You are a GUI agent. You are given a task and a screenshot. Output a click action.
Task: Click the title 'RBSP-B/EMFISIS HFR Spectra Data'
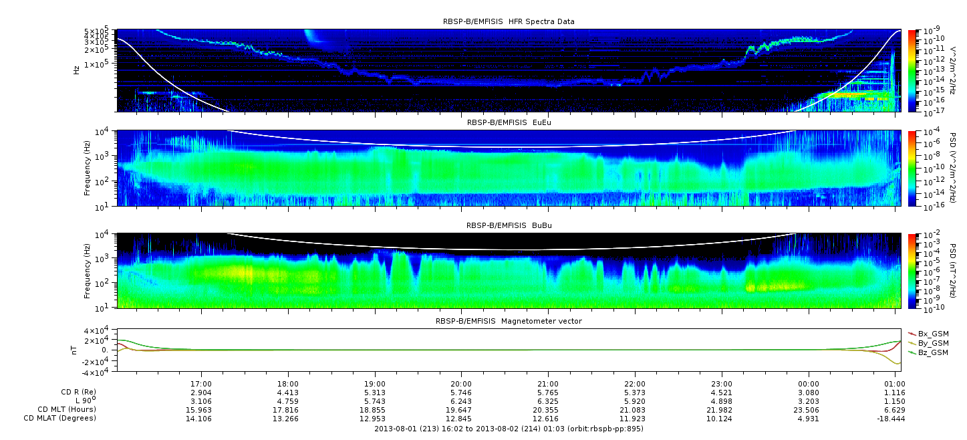coord(509,21)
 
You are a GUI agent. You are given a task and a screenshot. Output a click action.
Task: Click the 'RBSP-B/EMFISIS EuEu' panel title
coord(509,122)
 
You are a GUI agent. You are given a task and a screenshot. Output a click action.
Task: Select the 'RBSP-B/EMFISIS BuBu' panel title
coord(509,225)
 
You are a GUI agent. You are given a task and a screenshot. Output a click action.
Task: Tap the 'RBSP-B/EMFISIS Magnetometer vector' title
coord(509,321)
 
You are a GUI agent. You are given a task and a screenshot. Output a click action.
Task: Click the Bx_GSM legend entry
coord(929,334)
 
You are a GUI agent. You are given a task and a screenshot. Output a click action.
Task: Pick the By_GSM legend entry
coord(929,343)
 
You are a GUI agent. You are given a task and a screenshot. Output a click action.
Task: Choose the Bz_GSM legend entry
coord(929,353)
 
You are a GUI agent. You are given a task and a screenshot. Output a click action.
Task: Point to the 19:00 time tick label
coord(375,384)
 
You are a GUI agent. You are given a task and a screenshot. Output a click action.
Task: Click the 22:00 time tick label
coord(635,384)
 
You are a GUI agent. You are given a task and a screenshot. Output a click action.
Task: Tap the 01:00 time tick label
coord(895,384)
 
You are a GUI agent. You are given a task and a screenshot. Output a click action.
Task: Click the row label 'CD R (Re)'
coord(79,393)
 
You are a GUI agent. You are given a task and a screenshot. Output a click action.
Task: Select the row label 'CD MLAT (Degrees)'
coord(60,419)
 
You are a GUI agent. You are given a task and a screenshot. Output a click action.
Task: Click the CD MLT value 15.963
coord(199,410)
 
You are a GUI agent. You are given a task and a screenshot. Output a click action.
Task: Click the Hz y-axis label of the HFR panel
coord(76,70)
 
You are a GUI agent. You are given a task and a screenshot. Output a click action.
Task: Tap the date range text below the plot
coord(509,429)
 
